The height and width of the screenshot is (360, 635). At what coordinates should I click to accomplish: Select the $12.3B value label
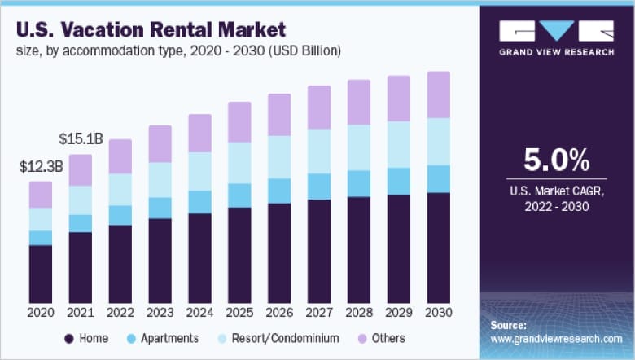tap(42, 168)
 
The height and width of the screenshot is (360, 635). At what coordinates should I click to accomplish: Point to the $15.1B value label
tap(81, 140)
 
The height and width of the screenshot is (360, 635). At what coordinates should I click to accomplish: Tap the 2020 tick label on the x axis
tap(40, 313)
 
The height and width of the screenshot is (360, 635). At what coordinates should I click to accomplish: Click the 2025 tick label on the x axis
tap(239, 313)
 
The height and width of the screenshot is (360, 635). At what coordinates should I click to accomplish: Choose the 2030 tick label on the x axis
tap(439, 313)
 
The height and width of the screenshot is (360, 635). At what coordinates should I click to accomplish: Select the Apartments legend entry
tap(163, 337)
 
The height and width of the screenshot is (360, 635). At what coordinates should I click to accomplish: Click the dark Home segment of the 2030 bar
tap(439, 248)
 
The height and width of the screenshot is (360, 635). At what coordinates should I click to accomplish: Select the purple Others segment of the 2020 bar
tap(41, 195)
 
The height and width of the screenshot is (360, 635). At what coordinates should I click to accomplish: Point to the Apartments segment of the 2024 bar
tap(199, 202)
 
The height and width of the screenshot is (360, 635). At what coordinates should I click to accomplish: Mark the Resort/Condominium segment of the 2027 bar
tap(319, 151)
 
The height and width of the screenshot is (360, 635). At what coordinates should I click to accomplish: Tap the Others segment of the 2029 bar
tap(399, 99)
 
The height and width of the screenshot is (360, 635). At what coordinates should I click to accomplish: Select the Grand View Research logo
tap(557, 37)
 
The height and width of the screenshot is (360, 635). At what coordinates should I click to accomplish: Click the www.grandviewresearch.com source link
tap(557, 338)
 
